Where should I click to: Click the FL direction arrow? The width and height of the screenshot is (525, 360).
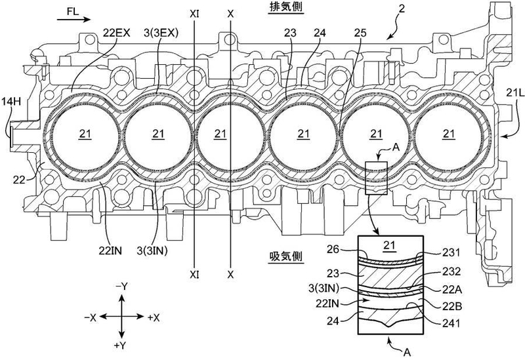pyautogui.click(x=73, y=20)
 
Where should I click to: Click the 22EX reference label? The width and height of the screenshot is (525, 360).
pyautogui.click(x=117, y=33)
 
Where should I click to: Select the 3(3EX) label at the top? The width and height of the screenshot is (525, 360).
pyautogui.click(x=161, y=33)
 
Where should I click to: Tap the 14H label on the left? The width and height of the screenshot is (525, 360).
pyautogui.click(x=10, y=102)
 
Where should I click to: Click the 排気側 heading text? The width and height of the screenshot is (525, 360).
pyautogui.click(x=287, y=8)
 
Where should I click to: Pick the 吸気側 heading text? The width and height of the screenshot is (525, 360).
pyautogui.click(x=286, y=256)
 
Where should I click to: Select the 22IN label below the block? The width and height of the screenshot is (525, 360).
pyautogui.click(x=110, y=250)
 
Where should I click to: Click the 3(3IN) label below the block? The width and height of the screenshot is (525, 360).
pyautogui.click(x=152, y=250)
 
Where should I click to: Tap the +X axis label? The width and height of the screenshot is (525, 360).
pyautogui.click(x=154, y=318)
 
